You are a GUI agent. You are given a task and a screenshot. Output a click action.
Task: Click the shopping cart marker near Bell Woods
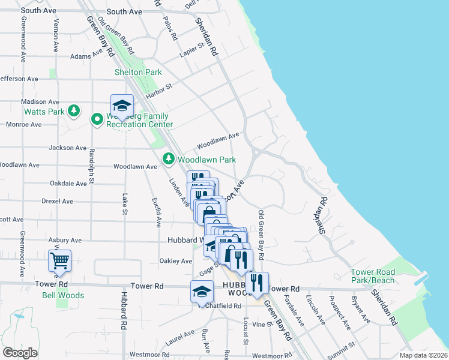[59, 261]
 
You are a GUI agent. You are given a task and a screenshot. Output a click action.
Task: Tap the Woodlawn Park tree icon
[169, 159]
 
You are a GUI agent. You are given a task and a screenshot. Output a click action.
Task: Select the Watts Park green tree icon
[74, 111]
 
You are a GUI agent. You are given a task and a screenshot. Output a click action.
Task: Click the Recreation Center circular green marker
[96, 119]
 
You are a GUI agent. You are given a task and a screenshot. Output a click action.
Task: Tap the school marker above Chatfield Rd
[202, 292]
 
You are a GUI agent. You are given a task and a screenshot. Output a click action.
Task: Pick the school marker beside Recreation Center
[122, 106]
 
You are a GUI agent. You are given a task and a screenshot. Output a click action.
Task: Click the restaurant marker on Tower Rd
[257, 283]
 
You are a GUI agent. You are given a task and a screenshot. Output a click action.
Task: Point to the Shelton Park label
[139, 72]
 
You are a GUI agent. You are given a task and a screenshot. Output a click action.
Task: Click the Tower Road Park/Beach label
[373, 276]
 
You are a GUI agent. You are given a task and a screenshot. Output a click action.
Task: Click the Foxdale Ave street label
[294, 310]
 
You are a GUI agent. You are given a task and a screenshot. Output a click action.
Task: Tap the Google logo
[20, 353]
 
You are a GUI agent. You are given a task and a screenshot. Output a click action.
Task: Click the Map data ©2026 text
[423, 355]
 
